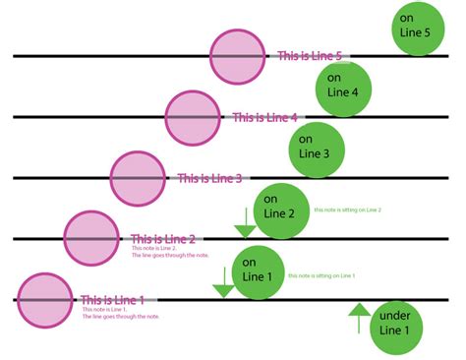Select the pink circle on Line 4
(x=193, y=117)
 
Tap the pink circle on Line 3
(x=138, y=178)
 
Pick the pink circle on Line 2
(x=91, y=238)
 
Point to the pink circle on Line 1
(x=45, y=299)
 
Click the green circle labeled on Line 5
(x=419, y=28)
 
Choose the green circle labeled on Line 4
(x=342, y=87)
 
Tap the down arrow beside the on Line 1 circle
(x=223, y=285)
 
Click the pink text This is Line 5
(x=311, y=57)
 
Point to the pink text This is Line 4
(x=263, y=118)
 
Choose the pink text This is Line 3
(x=208, y=179)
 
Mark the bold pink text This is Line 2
(x=163, y=239)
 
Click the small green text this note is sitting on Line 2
(x=347, y=210)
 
